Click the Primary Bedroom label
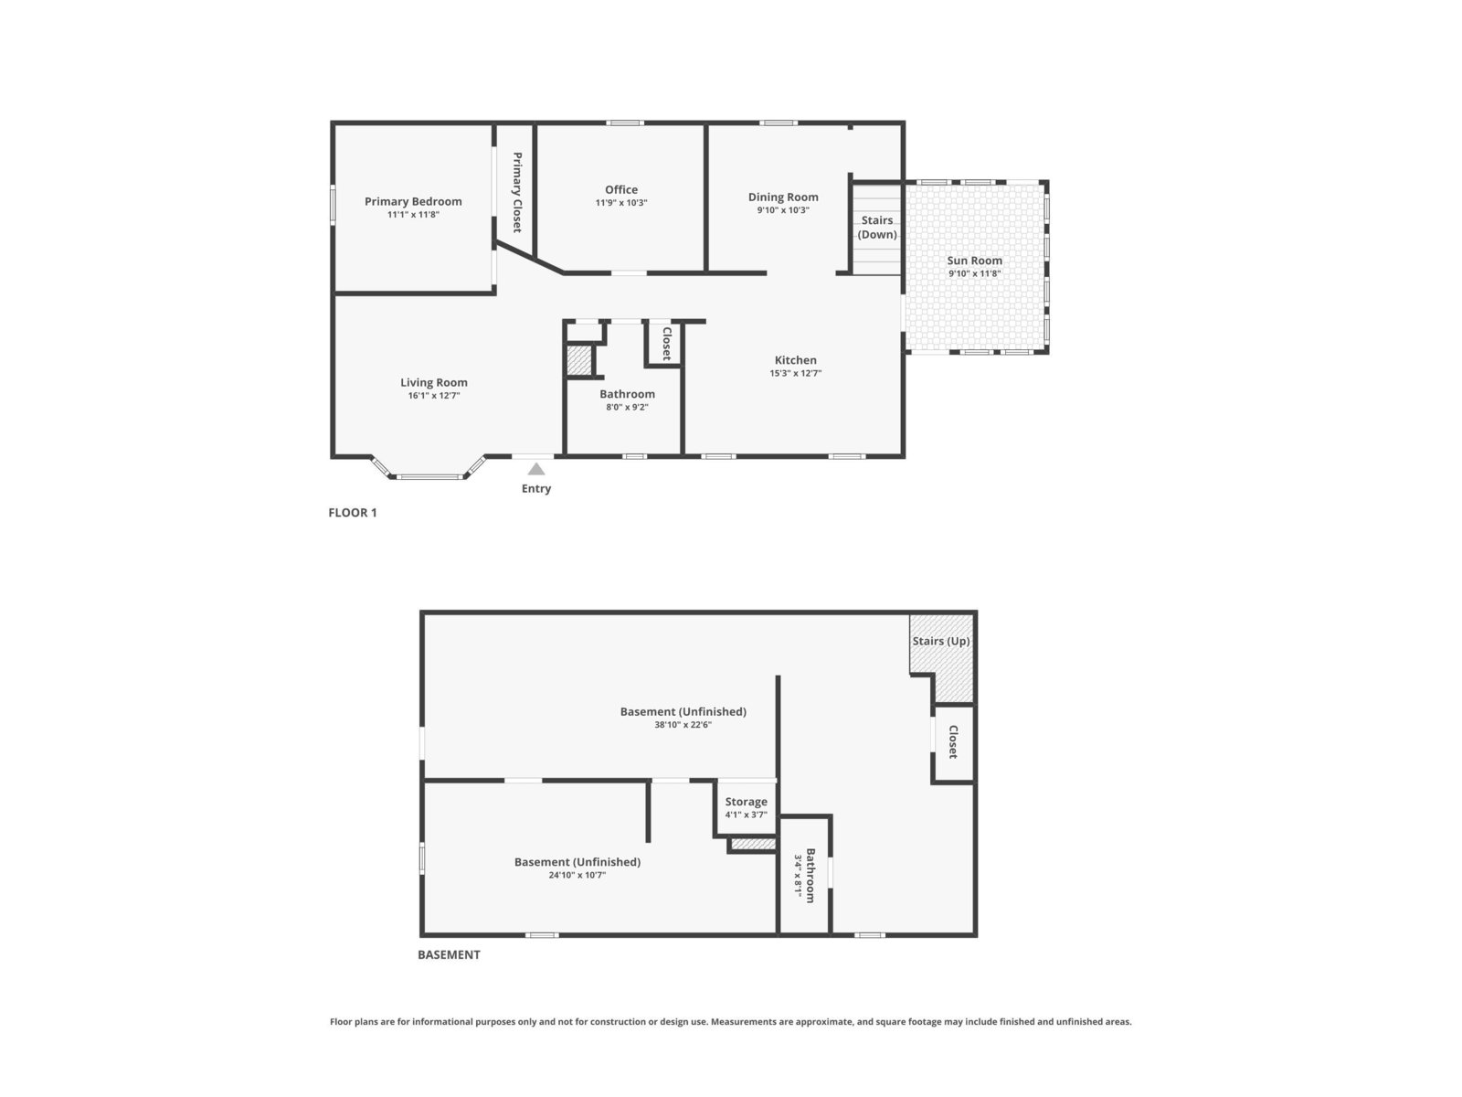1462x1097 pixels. tap(413, 201)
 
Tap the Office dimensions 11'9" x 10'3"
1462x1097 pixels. tap(620, 202)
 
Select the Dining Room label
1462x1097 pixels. tap(782, 197)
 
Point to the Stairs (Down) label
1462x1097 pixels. tap(876, 227)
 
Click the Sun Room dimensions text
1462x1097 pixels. tap(974, 273)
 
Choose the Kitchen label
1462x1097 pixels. tap(795, 360)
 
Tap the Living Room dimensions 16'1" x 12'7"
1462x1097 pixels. tap(434, 396)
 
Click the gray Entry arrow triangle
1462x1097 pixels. tap(536, 469)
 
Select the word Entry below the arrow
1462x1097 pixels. tap(536, 489)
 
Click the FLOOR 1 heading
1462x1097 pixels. tap(353, 512)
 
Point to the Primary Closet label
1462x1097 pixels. tap(517, 192)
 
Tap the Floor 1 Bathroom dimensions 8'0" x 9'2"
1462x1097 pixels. tap(627, 407)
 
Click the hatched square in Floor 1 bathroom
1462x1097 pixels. tap(578, 360)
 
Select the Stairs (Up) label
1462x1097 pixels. tap(940, 642)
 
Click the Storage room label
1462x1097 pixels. tap(746, 802)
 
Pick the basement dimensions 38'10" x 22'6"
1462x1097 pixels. tap(683, 725)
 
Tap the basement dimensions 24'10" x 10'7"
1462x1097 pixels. tap(577, 875)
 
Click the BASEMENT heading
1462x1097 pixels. tap(449, 954)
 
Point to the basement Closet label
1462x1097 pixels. tap(953, 742)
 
